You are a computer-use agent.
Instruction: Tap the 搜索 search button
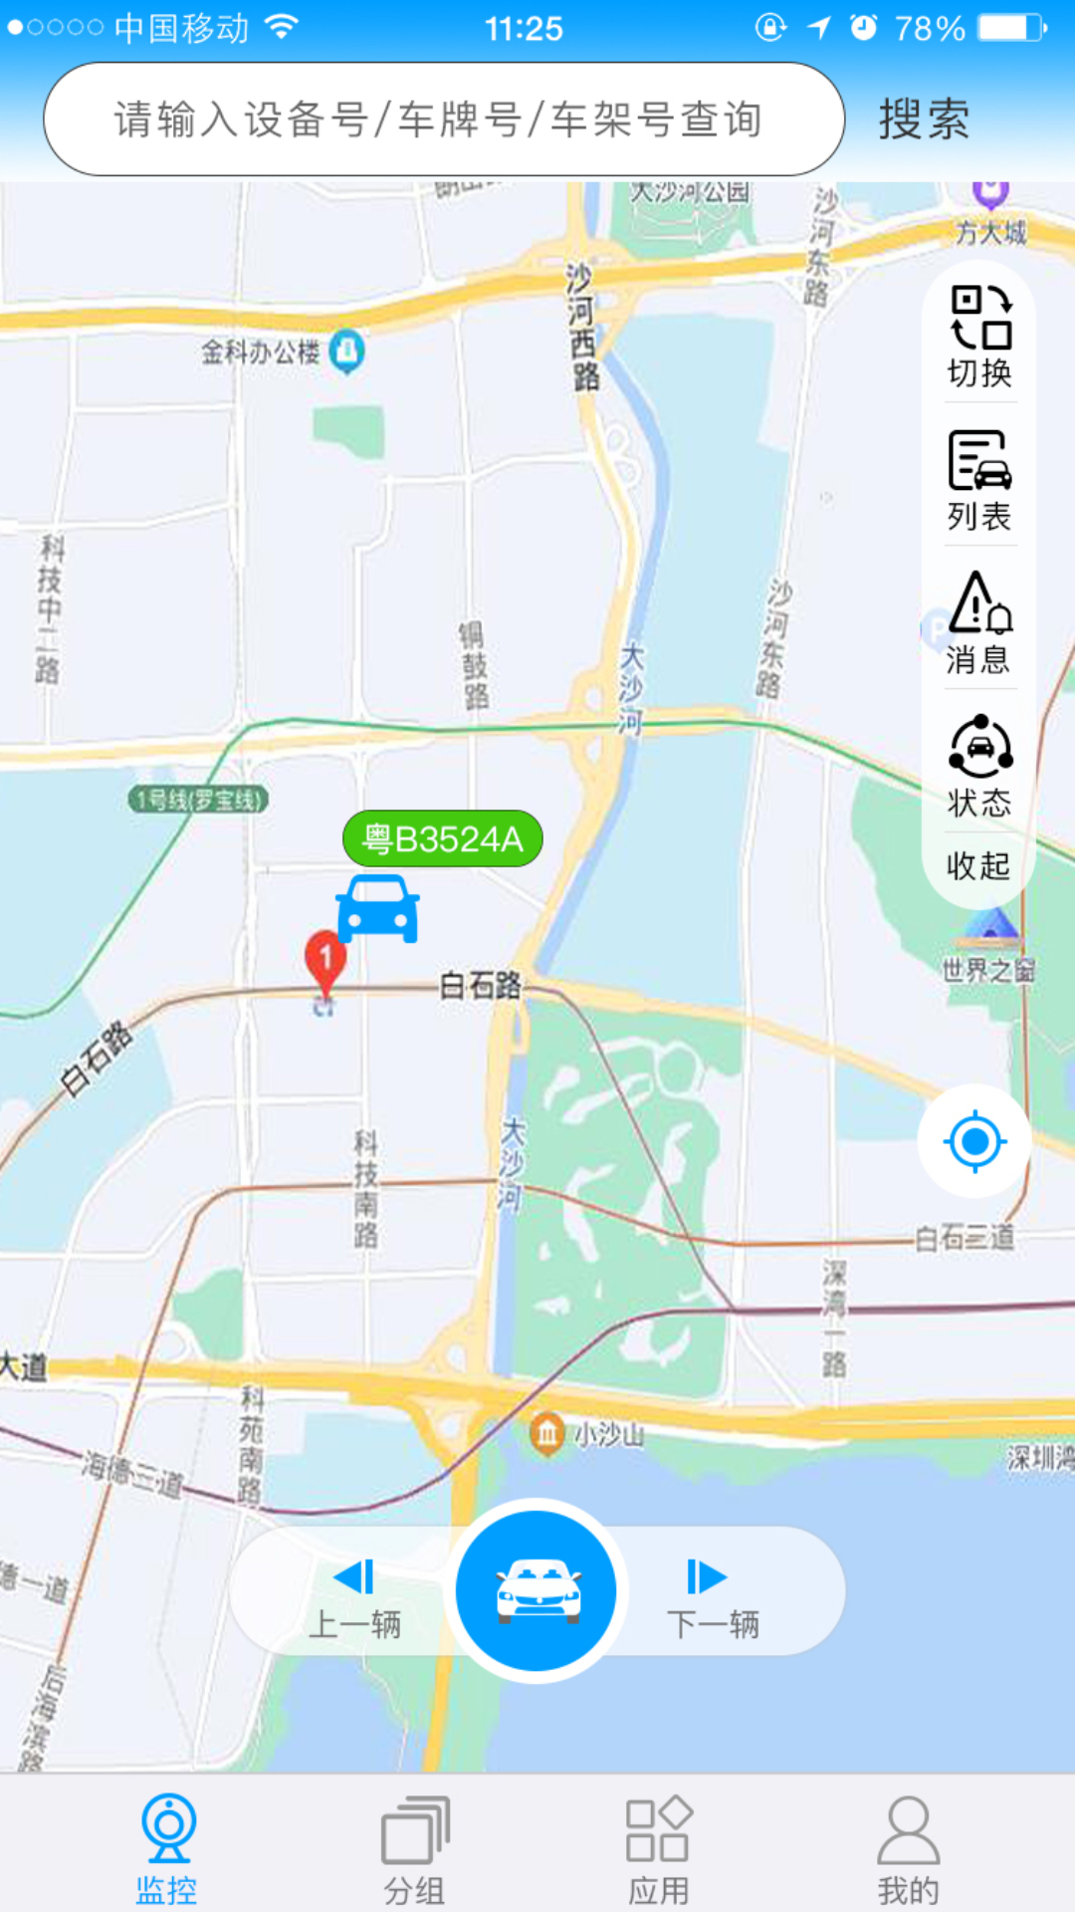pos(924,120)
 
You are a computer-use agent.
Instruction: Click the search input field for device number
pos(444,120)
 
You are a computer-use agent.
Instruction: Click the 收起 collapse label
pos(978,865)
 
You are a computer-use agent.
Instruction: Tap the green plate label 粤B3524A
pos(443,838)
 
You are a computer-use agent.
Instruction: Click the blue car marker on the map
pos(377,908)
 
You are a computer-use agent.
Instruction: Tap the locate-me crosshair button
pos(974,1141)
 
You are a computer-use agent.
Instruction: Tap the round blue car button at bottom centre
pos(537,1590)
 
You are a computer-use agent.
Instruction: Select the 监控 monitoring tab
pos(167,1847)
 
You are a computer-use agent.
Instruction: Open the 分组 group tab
pos(415,1847)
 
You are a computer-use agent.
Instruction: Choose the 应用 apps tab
pos(658,1847)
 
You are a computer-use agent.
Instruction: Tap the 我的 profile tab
pos(908,1847)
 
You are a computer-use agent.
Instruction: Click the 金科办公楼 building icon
pos(346,351)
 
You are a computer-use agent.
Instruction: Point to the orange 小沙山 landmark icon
pos(546,1434)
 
